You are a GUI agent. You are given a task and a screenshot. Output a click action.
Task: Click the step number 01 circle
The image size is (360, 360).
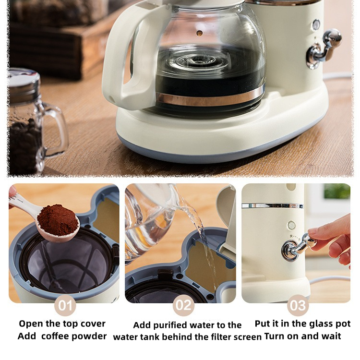point(65,305)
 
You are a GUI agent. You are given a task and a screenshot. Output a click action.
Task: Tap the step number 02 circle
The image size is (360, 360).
point(183,305)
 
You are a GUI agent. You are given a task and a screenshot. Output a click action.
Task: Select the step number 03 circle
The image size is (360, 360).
point(298,305)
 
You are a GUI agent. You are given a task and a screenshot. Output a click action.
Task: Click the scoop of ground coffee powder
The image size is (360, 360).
point(58,221)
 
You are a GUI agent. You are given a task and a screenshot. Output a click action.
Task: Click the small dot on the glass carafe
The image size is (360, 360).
point(200,33)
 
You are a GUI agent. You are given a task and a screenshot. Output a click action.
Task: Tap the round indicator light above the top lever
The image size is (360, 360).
point(316,24)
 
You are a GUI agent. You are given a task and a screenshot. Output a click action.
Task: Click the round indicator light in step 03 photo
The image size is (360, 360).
point(291,226)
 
